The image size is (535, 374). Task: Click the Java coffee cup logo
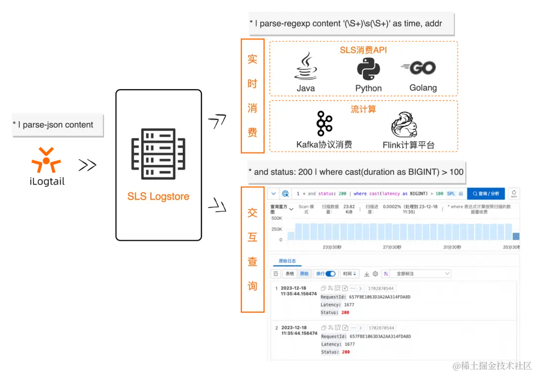click(x=305, y=67)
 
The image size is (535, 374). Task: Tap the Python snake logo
click(x=368, y=68)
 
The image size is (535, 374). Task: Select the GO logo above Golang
click(x=419, y=67)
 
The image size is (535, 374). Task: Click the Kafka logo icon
click(x=324, y=123)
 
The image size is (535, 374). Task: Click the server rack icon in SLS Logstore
click(x=158, y=154)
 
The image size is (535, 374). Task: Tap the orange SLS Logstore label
click(x=158, y=197)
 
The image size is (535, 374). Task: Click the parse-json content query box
click(x=55, y=125)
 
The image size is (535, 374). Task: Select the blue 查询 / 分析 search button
click(x=485, y=194)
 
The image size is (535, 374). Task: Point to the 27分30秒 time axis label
click(x=392, y=247)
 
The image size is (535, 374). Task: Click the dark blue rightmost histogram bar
click(x=516, y=236)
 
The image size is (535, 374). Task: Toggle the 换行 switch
click(x=330, y=273)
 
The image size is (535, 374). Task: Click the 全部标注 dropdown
click(x=420, y=273)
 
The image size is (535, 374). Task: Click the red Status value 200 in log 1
click(x=345, y=313)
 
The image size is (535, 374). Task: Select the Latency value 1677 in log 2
click(x=349, y=344)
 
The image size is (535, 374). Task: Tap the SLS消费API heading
click(x=363, y=50)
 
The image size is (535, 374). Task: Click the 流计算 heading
click(x=363, y=109)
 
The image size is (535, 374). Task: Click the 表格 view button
click(x=290, y=273)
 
